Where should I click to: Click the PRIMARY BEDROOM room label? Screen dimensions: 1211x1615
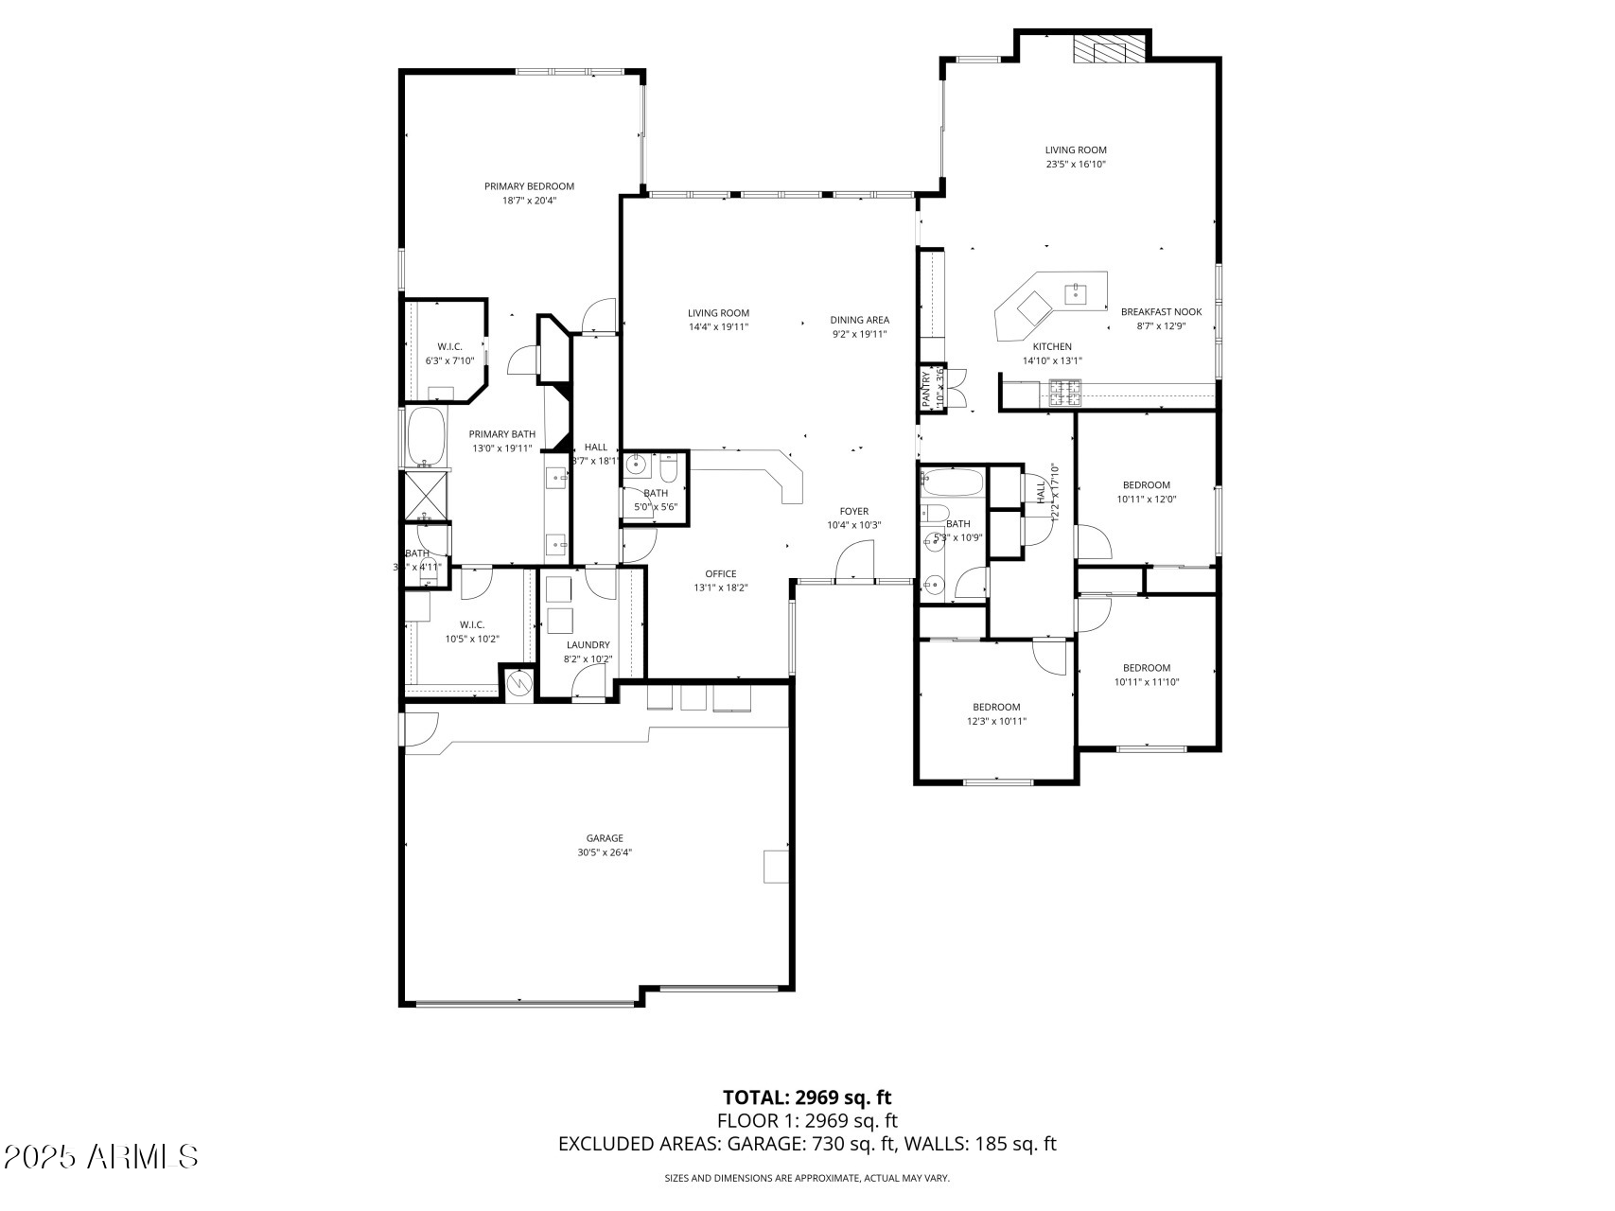[x=529, y=186]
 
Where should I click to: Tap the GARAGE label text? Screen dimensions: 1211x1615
[x=605, y=838]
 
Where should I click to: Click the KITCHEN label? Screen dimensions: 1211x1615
[x=1051, y=346]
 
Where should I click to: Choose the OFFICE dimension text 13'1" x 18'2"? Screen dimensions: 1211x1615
[x=720, y=588]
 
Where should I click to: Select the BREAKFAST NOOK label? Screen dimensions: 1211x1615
[x=1161, y=311]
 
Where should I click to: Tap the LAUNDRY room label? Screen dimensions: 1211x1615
[x=588, y=645]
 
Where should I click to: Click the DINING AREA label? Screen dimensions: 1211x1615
[x=859, y=320]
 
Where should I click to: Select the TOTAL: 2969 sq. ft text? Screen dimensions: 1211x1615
[x=806, y=1097]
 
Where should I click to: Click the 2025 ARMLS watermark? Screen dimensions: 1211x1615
[x=101, y=1156]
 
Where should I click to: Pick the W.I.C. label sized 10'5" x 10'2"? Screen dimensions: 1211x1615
[x=472, y=624]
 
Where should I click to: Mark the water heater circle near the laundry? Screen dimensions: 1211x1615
[x=518, y=682]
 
